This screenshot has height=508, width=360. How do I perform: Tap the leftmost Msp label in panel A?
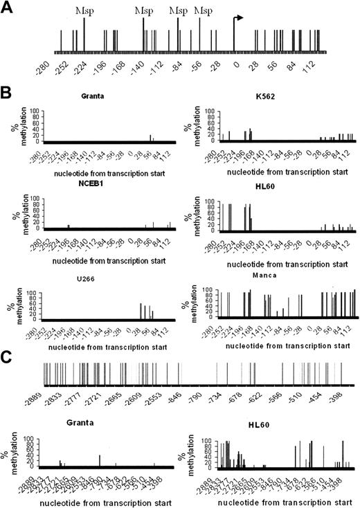click(84, 12)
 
